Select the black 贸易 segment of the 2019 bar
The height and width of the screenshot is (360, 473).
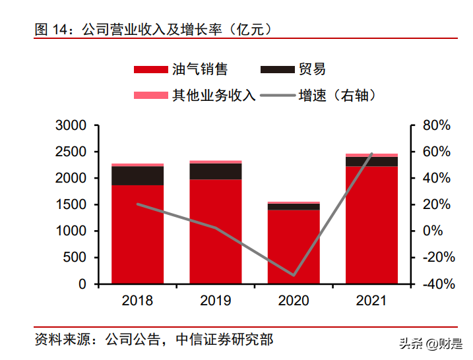216,171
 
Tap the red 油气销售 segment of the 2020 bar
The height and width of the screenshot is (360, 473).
294,247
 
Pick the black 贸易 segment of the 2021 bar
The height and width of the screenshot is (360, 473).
371,162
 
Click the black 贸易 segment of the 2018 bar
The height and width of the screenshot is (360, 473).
137,175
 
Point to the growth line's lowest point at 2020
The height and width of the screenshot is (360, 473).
294,275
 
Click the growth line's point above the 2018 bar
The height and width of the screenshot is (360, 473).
137,204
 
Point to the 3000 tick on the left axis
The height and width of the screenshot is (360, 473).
71,125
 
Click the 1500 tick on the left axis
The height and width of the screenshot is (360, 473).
71,205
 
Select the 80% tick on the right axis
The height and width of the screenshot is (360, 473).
435,125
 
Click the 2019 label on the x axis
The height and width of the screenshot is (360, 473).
216,301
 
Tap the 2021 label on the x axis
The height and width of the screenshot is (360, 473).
371,301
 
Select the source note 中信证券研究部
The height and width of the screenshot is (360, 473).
224,341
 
